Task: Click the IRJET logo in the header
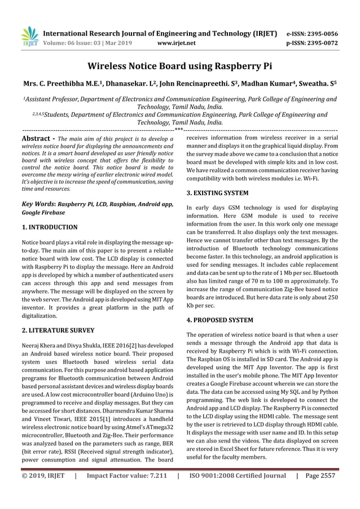click(x=29, y=36)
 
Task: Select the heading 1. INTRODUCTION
click(x=50, y=227)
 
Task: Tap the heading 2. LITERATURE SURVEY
click(x=58, y=330)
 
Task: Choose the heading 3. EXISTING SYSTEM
click(x=217, y=193)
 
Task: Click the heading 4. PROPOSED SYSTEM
click(x=219, y=320)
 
